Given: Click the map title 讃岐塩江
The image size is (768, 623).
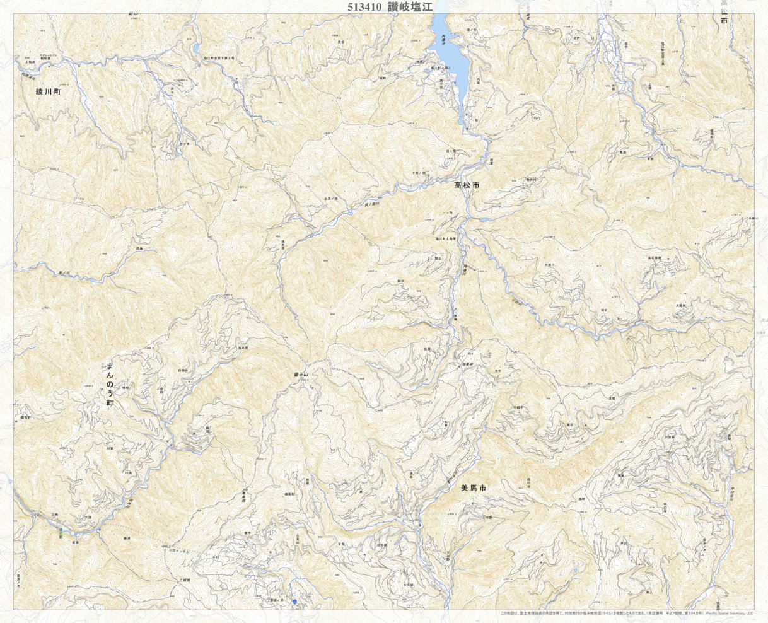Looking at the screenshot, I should pos(410,6).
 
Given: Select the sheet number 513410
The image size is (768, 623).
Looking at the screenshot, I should pos(365,6).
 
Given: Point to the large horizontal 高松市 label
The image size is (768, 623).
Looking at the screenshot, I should pos(467,186).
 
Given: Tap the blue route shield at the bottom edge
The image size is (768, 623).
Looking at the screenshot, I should pos(294,603).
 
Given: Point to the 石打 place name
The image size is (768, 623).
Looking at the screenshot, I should pos(537,117).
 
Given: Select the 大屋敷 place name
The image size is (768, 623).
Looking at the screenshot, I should pos(680,305).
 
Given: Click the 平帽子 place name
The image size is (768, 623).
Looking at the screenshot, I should pos(518,407).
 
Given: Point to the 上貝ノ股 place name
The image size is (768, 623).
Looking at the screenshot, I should pos(332,199).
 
